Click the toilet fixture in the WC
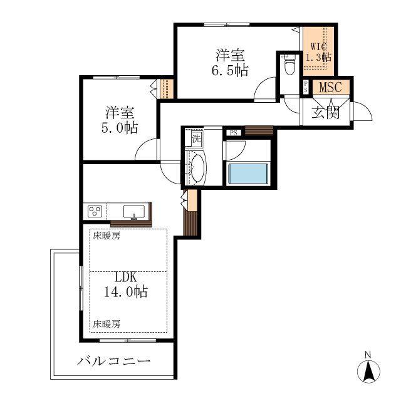pos(289,65)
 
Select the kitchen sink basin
pos(134,212)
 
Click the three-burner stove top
pos(95,212)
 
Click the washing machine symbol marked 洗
pos(197,138)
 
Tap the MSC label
pos(330,88)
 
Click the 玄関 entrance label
pos(325,113)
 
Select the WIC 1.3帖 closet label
pos(319,52)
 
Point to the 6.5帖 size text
pos(230,70)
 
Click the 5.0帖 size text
pos(120,128)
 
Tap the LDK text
pos(126,277)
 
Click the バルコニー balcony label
pos(114,362)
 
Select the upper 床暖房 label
pos(107,236)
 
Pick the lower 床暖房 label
pos(107,325)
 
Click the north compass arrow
pos(368,371)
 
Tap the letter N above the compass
pos(368,355)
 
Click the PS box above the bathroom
pos(234,133)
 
